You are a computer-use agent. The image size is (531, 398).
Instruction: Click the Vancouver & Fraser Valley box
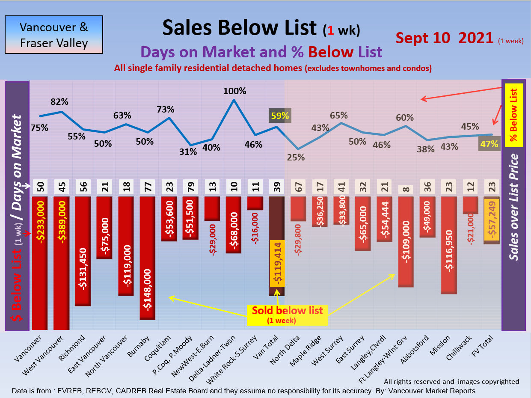pos(53,35)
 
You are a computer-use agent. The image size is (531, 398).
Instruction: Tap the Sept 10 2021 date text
pos(445,38)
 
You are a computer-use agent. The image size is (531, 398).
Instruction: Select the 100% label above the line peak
pos(234,91)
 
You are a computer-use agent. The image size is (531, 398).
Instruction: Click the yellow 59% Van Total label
pos(279,116)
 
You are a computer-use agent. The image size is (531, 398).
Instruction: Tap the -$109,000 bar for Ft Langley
pos(405,241)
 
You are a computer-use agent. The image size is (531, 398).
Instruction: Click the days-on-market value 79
pos(190,187)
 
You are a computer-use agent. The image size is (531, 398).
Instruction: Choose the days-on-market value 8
pos(405,189)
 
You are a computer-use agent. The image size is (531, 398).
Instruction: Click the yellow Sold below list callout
pos(287,315)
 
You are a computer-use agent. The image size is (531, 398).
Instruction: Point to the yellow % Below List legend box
pos(514,115)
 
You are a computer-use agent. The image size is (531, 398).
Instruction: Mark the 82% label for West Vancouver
pos(59,102)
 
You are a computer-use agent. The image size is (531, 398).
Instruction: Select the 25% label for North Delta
pos(296,157)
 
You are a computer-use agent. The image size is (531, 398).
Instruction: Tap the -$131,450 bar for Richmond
pos(83,251)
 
